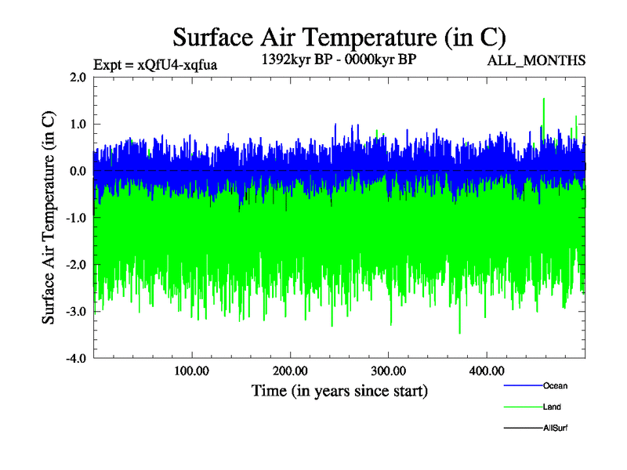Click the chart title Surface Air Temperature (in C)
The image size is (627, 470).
click(x=339, y=37)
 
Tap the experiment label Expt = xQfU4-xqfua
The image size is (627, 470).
click(x=154, y=64)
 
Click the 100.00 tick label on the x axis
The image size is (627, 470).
click(x=192, y=371)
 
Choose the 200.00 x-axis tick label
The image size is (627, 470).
click(x=291, y=371)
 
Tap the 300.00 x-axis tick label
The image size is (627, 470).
click(x=389, y=371)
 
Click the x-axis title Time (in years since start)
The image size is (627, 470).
click(x=339, y=390)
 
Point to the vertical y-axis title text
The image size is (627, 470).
click(x=49, y=218)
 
